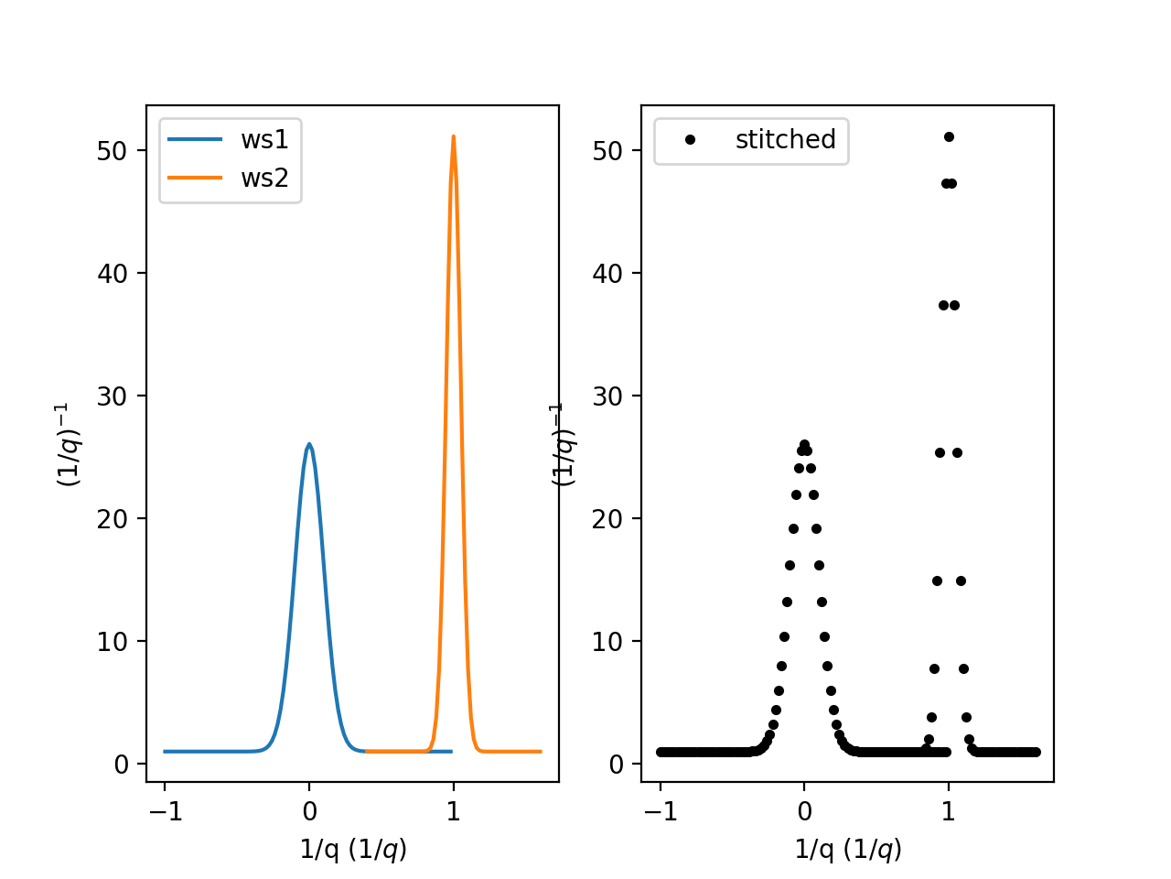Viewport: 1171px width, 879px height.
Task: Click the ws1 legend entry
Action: pyautogui.click(x=264, y=139)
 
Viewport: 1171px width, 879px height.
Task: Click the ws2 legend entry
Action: pyautogui.click(x=264, y=178)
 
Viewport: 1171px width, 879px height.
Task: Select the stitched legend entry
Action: pyautogui.click(x=785, y=139)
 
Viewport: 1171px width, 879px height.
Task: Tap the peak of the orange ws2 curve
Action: pyautogui.click(x=453, y=136)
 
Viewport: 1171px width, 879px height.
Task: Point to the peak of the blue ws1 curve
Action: pyautogui.click(x=309, y=444)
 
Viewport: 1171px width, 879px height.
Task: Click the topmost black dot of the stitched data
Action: pyautogui.click(x=949, y=136)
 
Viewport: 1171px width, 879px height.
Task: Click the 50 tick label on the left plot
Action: pyautogui.click(x=112, y=150)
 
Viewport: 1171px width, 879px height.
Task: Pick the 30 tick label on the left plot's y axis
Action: pyautogui.click(x=112, y=396)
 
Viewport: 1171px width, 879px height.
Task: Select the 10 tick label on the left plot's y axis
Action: pyautogui.click(x=112, y=641)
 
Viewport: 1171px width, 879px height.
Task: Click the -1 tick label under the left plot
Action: pyautogui.click(x=165, y=810)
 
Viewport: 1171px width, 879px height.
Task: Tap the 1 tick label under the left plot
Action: pyautogui.click(x=453, y=810)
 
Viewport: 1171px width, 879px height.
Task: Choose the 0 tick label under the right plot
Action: pyautogui.click(x=804, y=810)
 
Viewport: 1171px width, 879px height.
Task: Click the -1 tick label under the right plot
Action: pyautogui.click(x=660, y=810)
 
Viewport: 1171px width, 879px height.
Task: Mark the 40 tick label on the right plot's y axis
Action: pyautogui.click(x=607, y=273)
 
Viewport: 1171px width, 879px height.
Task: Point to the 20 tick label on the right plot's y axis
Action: pyautogui.click(x=607, y=518)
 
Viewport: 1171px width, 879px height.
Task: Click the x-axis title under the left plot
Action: pyautogui.click(x=353, y=850)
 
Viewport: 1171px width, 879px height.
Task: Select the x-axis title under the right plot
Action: pyautogui.click(x=848, y=850)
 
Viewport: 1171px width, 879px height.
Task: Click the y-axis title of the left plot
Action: pyautogui.click(x=70, y=444)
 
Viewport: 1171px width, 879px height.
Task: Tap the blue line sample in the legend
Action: pyautogui.click(x=195, y=139)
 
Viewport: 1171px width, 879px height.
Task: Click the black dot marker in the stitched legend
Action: pyautogui.click(x=690, y=139)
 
